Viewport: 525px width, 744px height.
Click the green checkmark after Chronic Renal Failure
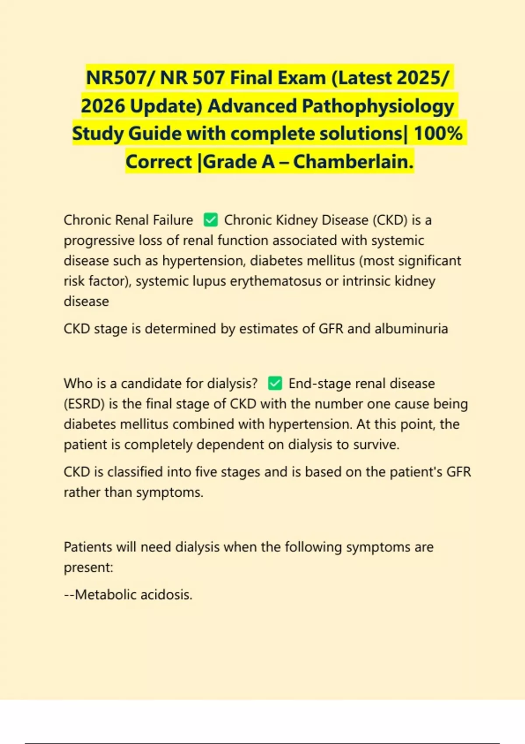coord(211,220)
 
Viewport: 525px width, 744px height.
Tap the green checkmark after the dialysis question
coord(275,383)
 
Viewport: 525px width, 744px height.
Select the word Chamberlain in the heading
coord(353,162)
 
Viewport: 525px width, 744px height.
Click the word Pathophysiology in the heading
coord(378,106)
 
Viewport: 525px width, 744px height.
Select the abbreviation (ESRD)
coord(84,404)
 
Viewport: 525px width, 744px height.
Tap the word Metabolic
coord(102,595)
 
